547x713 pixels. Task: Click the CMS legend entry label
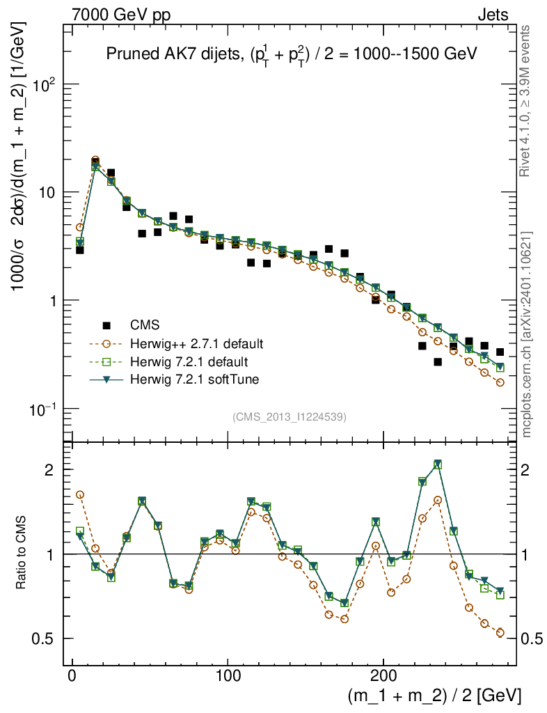click(x=145, y=324)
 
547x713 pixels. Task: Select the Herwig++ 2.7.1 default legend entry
click(x=196, y=344)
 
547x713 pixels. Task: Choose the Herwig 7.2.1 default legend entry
click(x=189, y=362)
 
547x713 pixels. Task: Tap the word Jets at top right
click(x=492, y=15)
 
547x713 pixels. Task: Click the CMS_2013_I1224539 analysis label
click(x=290, y=417)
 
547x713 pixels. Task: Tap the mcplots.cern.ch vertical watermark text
click(x=526, y=334)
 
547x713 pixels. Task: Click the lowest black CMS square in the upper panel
click(x=438, y=362)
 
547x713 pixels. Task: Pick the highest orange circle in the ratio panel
click(x=80, y=494)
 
